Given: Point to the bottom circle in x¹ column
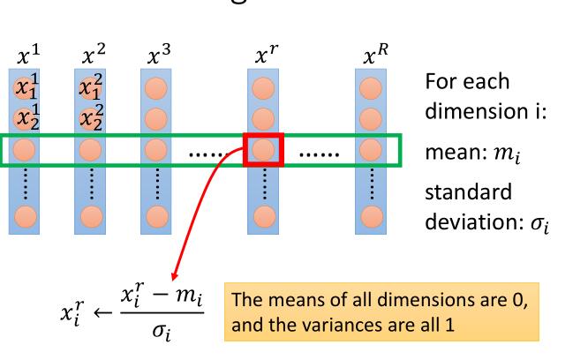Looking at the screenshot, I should click(26, 214).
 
